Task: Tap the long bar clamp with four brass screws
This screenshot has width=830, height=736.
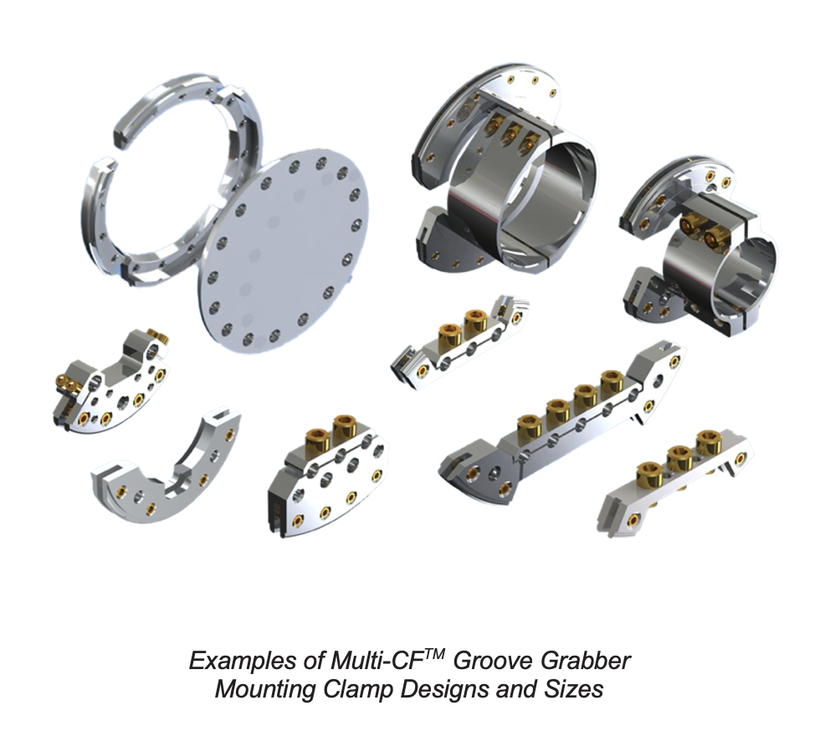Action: point(569,418)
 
